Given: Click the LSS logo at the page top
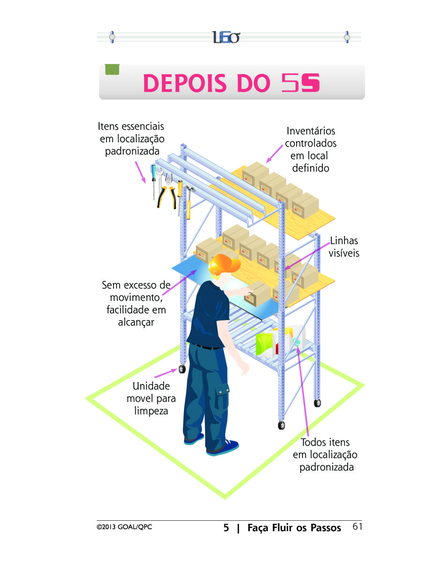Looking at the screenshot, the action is point(226,37).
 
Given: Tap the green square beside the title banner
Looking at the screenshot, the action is point(112,69).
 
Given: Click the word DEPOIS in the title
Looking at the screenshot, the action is point(185,83).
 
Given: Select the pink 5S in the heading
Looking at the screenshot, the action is point(300,83).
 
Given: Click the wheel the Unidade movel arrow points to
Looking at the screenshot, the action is point(182,369).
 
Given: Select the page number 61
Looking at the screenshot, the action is point(357,526).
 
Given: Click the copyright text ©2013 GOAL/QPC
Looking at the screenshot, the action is point(124,527).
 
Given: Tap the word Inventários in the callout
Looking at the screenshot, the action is point(311,131).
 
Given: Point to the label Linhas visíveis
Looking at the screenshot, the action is point(344,247).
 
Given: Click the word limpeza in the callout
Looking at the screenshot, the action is point(151,411).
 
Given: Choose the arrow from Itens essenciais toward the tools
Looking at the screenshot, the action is point(140,172).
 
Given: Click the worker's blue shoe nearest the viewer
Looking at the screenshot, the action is point(222,447).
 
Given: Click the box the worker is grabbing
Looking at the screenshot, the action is point(257,294).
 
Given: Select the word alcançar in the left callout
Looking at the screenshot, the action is point(136,322).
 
